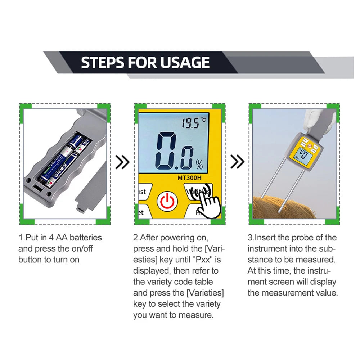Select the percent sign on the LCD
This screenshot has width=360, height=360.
click(199, 165)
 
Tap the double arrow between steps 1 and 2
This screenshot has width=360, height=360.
click(122, 162)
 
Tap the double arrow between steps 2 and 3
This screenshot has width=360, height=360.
click(238, 162)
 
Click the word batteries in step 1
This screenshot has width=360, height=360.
click(81, 238)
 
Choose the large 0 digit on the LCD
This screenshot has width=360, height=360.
click(167, 151)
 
